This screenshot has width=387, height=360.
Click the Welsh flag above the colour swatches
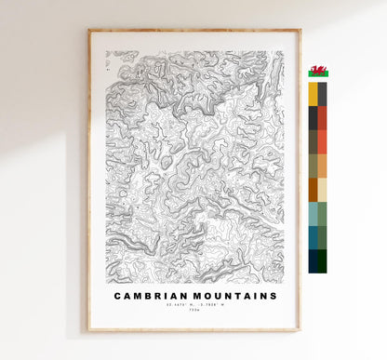[318, 72]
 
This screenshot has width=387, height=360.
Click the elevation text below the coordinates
[193, 313]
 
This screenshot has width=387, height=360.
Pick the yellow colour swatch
[313, 94]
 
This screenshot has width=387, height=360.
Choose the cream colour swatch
[323, 190]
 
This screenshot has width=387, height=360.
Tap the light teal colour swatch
[313, 214]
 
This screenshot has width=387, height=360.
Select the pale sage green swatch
[323, 214]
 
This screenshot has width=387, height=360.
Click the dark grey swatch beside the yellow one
[323, 94]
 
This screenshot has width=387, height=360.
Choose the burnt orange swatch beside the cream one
[313, 190]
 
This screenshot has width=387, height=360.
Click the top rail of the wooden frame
[194, 32]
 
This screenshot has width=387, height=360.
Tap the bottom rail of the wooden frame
[194, 329]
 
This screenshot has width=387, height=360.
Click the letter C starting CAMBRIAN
[118, 296]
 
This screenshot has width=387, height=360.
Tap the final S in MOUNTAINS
[274, 296]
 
